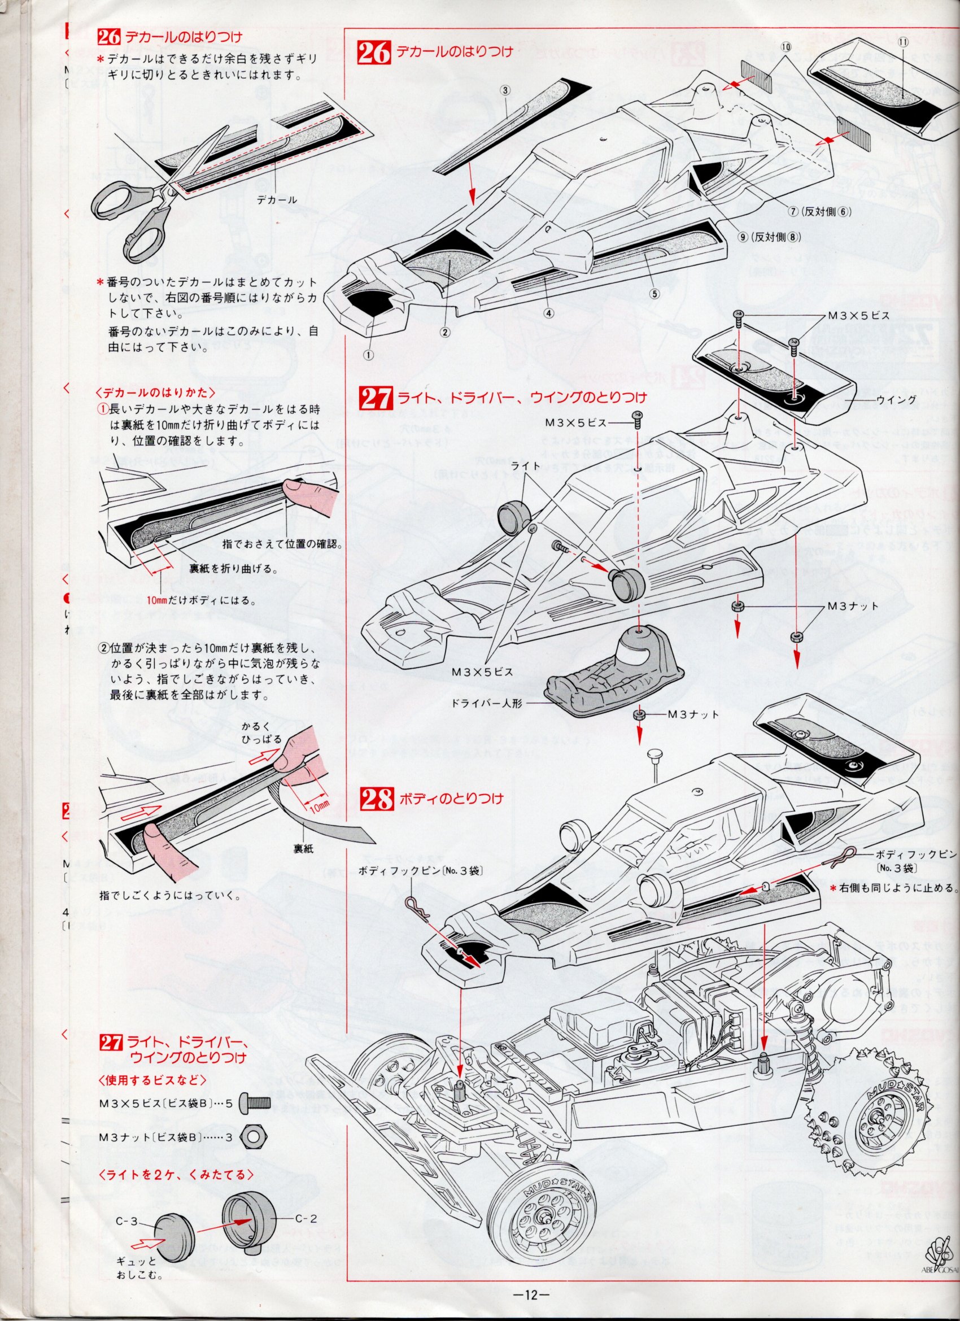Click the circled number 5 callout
[654, 294]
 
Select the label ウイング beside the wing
[897, 399]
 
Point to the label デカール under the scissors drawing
[277, 200]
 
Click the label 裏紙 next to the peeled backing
[303, 849]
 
